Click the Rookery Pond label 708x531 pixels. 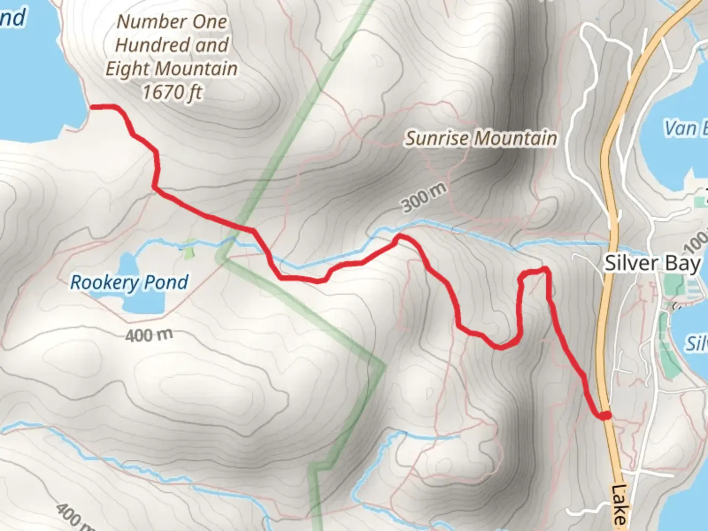[129, 283]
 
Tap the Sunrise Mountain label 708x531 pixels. [481, 139]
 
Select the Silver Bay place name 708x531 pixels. [652, 264]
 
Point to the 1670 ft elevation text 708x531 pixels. [172, 92]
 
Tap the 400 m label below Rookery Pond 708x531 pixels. [149, 335]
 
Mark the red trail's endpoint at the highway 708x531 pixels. [606, 415]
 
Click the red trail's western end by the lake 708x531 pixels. [93, 106]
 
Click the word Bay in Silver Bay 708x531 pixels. [683, 264]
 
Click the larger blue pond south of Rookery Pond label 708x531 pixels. [143, 302]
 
